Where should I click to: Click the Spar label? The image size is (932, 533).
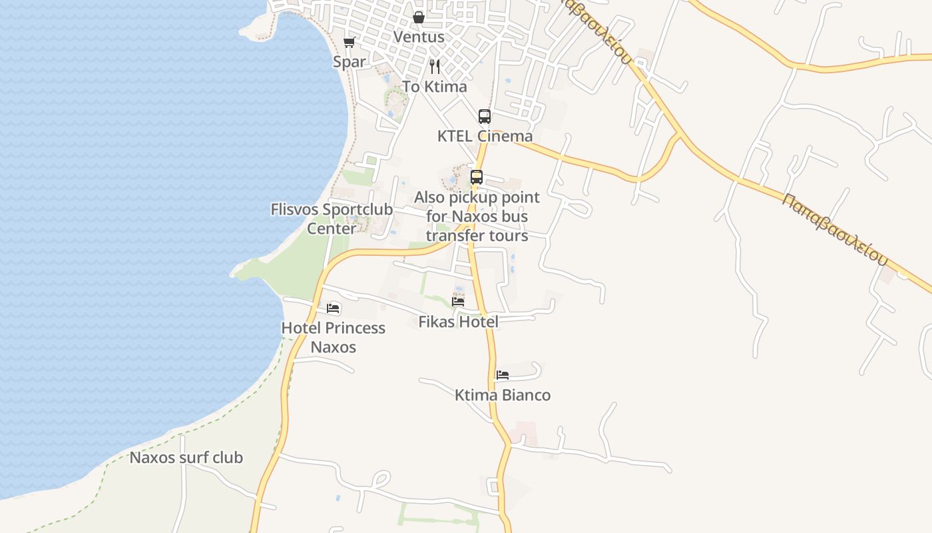[349, 62]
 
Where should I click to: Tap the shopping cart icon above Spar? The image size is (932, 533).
[349, 43]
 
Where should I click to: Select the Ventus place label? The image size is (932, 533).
[419, 37]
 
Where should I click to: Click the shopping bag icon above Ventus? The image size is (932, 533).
[419, 17]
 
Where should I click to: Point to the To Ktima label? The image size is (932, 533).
[435, 87]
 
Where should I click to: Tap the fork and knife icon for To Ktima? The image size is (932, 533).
[435, 67]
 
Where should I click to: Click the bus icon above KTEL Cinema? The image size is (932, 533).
[485, 117]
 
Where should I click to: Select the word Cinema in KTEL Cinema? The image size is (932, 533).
[505, 136]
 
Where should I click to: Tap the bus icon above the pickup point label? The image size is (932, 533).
[477, 177]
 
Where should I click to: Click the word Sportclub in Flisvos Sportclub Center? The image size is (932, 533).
[357, 209]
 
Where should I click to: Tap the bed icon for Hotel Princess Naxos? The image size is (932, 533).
[333, 308]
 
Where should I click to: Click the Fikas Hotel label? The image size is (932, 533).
[458, 322]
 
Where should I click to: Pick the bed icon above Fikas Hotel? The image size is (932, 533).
[458, 301]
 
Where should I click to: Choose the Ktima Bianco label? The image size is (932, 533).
[503, 395]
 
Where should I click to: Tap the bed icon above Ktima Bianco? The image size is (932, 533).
[503, 375]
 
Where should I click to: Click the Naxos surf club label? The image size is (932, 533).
[186, 458]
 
